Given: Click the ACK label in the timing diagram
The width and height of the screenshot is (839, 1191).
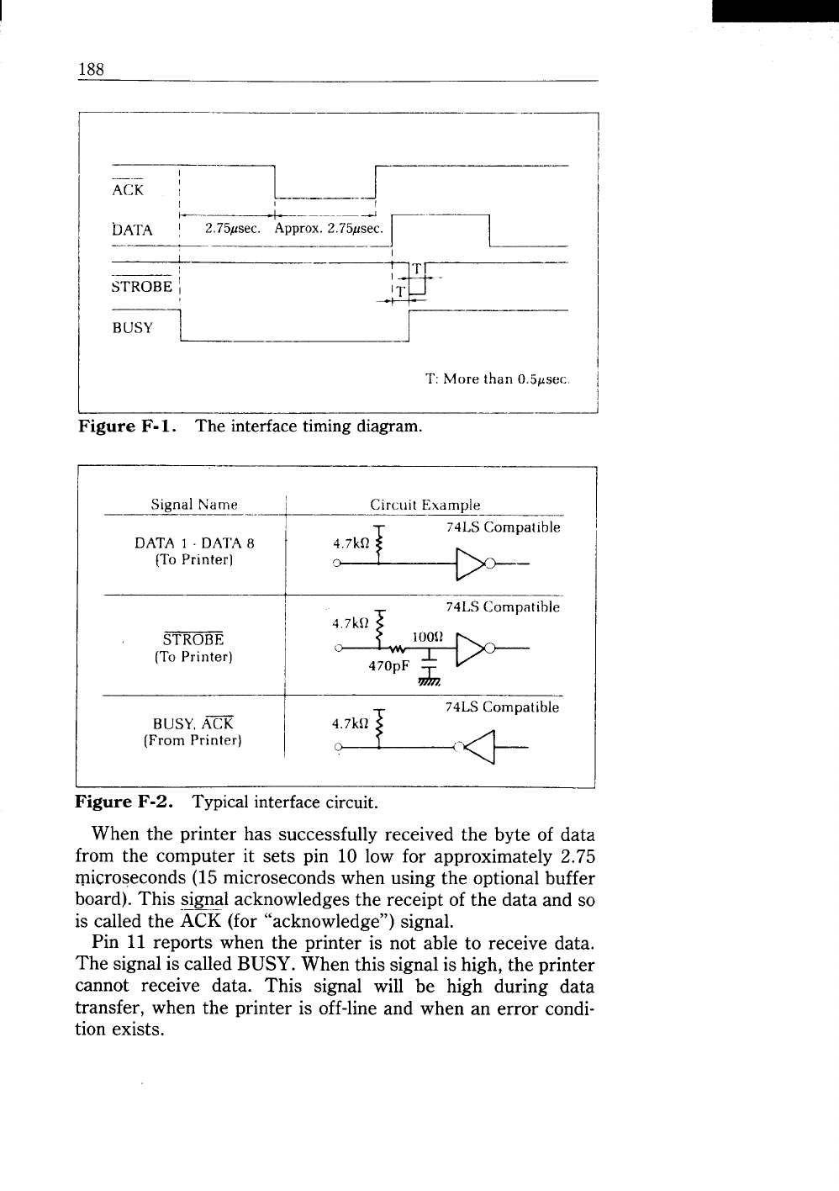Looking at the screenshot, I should tap(128, 190).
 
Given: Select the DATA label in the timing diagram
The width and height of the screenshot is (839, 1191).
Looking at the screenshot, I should tap(132, 229).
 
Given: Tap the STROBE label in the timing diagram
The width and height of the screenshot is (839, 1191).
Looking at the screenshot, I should tap(142, 287).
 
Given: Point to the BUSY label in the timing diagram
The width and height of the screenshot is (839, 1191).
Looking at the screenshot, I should tap(133, 328).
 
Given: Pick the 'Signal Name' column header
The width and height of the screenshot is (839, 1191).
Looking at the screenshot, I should tap(194, 505).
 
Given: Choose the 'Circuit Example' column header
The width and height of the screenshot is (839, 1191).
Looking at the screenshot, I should tap(425, 505).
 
